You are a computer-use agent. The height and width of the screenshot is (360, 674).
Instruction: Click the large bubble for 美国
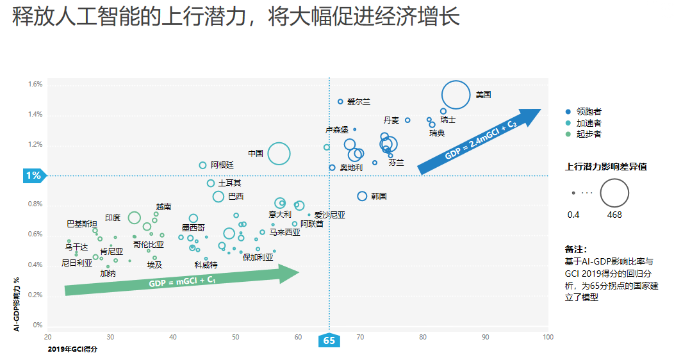point(456,95)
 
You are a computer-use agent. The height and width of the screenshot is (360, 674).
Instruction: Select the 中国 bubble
point(279,154)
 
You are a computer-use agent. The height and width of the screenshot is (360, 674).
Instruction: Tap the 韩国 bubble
point(362,196)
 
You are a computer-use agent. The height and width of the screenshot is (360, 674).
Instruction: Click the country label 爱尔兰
point(359,102)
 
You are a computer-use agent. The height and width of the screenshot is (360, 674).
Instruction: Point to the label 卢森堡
point(337,129)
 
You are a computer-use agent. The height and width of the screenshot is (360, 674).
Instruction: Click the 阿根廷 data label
point(222,165)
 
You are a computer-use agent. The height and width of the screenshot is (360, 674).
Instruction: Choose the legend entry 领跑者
point(589,111)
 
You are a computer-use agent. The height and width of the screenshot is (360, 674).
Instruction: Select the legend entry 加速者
point(589,123)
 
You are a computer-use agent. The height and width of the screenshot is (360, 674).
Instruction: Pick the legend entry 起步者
point(589,134)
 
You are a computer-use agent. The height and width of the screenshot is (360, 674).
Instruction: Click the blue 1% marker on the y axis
point(33,176)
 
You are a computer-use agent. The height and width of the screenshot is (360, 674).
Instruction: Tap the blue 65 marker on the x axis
point(329,341)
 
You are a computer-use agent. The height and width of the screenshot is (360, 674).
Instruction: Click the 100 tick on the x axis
point(548,337)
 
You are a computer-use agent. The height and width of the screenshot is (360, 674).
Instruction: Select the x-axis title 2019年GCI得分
point(75,350)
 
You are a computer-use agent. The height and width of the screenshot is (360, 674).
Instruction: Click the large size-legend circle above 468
point(614,192)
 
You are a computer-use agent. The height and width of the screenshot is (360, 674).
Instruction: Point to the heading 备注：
point(576,249)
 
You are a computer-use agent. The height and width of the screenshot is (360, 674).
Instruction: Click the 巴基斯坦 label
point(82,224)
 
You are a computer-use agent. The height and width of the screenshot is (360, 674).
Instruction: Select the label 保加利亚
point(258,257)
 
